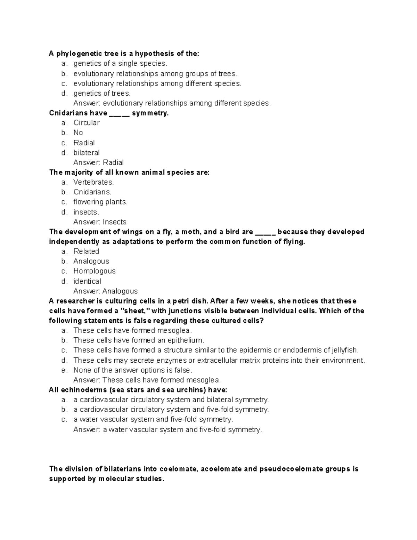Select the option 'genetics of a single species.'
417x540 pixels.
coord(120,64)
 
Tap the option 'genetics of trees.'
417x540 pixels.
coord(102,93)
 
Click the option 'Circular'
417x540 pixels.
coord(87,123)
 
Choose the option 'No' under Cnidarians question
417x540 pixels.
coord(78,132)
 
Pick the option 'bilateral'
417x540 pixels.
coord(87,153)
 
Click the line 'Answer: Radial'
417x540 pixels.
coord(98,162)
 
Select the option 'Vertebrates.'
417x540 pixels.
coord(93,182)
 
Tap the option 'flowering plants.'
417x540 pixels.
coord(100,202)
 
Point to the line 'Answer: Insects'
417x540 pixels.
coord(100,222)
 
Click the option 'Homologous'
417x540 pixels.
coord(94,271)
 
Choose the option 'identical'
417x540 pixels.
coord(87,281)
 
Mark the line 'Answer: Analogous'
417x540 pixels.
coord(105,291)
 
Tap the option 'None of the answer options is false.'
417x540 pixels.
coord(133,370)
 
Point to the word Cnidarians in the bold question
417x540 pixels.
coord(68,113)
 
